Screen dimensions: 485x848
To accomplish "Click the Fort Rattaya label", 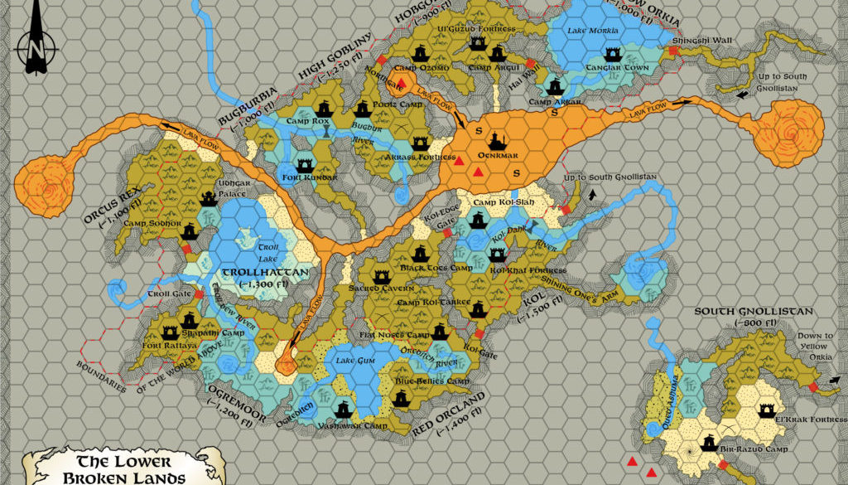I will [x=169, y=346].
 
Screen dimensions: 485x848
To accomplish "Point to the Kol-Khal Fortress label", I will [x=528, y=270].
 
